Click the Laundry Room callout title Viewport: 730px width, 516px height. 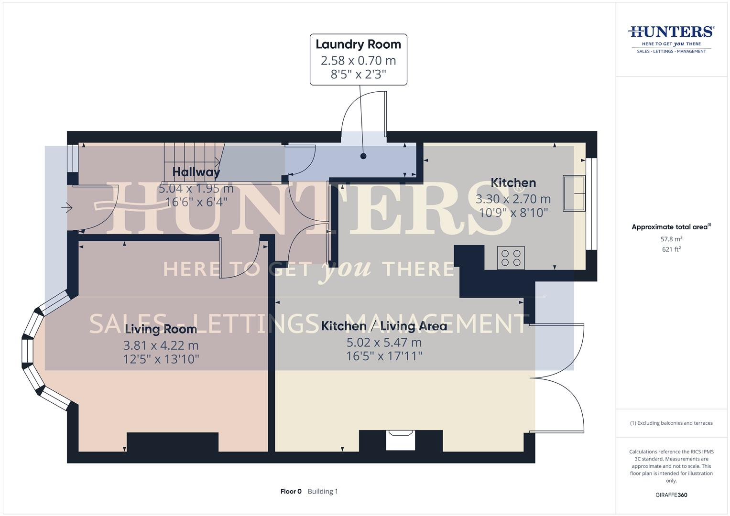(358, 44)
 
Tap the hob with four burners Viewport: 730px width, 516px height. (511, 258)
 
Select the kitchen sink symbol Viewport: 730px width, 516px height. (574, 193)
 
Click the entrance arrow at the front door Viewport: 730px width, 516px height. (67, 208)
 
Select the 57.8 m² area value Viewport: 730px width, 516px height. (671, 239)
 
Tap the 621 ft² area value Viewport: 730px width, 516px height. (671, 249)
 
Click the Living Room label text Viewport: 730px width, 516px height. (161, 329)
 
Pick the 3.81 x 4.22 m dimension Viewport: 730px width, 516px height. (161, 345)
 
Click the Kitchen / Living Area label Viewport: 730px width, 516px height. (384, 326)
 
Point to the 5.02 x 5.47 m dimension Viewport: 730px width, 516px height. (384, 343)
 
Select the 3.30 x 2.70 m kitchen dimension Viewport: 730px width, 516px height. (513, 199)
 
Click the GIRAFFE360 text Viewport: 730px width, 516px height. (671, 495)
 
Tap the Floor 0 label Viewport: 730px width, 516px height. (291, 492)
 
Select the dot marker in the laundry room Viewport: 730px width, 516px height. (363, 156)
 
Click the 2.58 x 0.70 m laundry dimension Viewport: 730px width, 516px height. (358, 61)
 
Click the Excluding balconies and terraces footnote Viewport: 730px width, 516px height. (671, 423)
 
